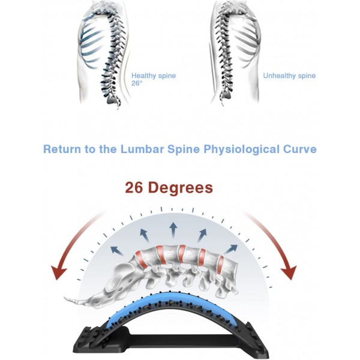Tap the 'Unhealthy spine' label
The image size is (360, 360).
coord(289,76)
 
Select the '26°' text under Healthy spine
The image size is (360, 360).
coord(137,84)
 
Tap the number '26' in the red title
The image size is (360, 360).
coord(136,188)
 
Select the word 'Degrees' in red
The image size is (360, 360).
coord(182,188)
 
